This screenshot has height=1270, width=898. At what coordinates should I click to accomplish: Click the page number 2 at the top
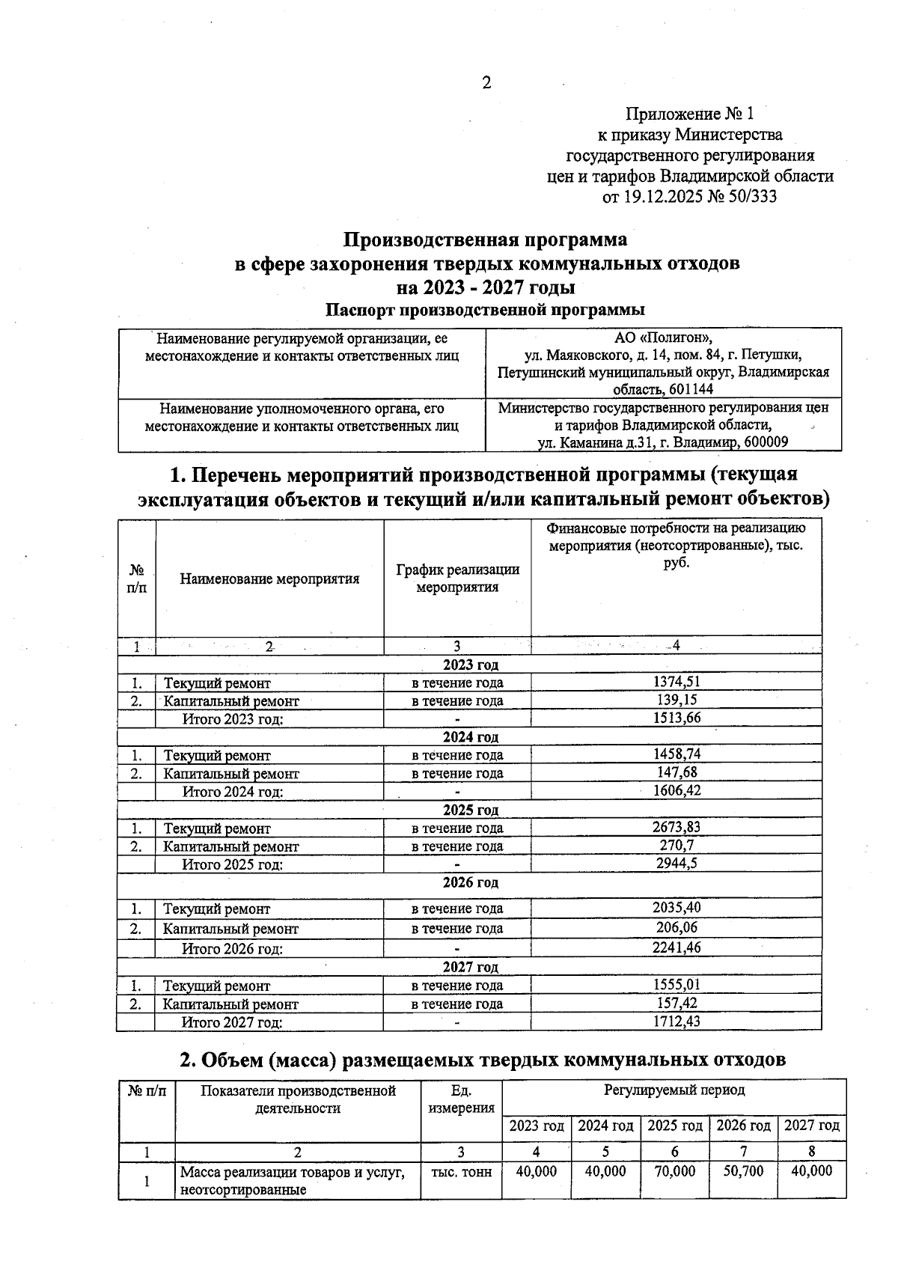(486, 83)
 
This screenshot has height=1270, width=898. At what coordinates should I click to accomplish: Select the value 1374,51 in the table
(676, 682)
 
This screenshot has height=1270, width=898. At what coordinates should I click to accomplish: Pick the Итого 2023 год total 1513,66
(676, 718)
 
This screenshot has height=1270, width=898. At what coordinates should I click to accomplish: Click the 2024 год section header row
(470, 737)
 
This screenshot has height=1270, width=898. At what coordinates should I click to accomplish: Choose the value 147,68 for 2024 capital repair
(676, 772)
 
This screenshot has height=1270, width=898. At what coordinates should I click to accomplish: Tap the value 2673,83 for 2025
(676, 827)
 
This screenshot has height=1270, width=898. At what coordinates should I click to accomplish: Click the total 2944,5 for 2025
(676, 864)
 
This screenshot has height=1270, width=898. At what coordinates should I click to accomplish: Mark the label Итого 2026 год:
(233, 949)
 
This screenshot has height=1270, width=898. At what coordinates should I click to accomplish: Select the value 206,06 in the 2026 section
(676, 927)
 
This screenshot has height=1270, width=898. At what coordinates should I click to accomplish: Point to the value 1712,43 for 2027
(676, 1022)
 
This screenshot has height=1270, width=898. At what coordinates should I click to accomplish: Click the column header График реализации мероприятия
(457, 578)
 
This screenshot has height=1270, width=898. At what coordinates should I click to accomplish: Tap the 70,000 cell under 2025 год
(674, 1171)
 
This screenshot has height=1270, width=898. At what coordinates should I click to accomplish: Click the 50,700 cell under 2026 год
(743, 1171)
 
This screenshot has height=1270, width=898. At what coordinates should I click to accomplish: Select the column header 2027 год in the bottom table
(811, 1126)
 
